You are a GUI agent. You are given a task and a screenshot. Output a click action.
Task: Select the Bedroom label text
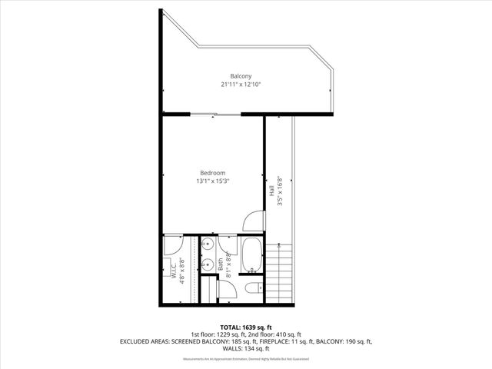pyautogui.click(x=212, y=172)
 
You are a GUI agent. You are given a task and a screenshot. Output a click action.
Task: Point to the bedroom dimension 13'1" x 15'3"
pyautogui.click(x=212, y=181)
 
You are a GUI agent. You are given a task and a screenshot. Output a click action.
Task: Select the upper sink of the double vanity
pyautogui.click(x=207, y=245)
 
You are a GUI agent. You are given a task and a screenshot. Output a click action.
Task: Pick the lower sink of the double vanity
pyautogui.click(x=207, y=266)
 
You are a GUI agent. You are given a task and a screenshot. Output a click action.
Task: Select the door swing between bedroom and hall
pyautogui.click(x=254, y=221)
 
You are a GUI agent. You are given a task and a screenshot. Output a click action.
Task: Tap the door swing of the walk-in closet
pyautogui.click(x=172, y=246)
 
